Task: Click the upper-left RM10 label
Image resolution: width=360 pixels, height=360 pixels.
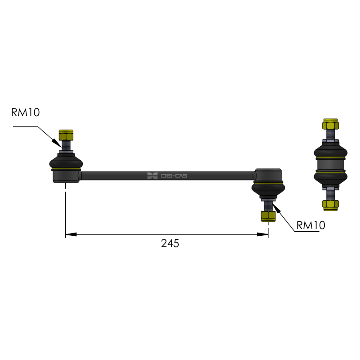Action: coord(26,112)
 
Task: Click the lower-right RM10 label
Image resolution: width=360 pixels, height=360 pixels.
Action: coord(311,225)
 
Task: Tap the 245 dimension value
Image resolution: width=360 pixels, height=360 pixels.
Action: coord(170,243)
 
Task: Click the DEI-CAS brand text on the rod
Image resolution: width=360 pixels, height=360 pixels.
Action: coord(174,176)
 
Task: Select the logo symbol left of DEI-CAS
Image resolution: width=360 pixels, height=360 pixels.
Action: coord(152,176)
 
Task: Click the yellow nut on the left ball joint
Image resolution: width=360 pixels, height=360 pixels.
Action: coord(66,135)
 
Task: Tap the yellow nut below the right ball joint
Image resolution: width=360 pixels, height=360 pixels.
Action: coord(268,216)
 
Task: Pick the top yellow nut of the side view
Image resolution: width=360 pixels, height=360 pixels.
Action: coord(331,124)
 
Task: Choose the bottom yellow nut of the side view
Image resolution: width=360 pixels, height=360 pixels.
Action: coord(331,205)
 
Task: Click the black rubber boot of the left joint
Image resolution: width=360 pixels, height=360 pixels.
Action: coord(66,162)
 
